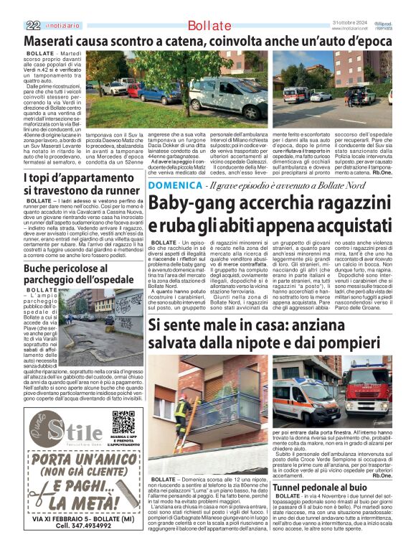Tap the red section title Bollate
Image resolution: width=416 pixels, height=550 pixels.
tap(209, 26)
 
